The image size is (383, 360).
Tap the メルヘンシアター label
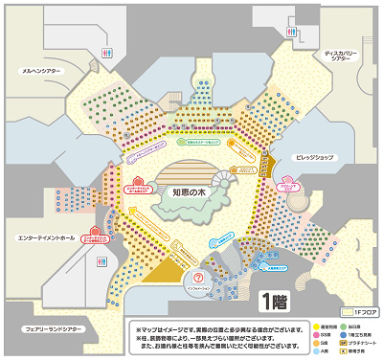pos(44,69)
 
